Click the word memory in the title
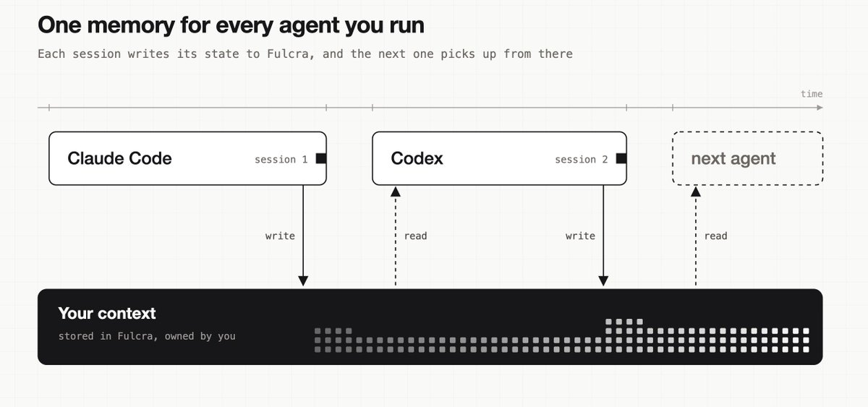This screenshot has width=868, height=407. [x=132, y=26]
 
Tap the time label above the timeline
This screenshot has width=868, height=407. [x=812, y=94]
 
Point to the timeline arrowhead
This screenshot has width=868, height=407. [x=820, y=108]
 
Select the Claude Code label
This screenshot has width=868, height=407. [x=119, y=158]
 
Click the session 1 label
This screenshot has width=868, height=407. [x=281, y=160]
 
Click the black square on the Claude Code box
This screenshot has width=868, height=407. [x=321, y=158]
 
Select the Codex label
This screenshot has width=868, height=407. [x=417, y=158]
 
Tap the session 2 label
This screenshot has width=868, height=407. [x=582, y=160]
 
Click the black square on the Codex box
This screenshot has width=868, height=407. [x=621, y=158]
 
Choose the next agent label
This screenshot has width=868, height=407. [x=733, y=159]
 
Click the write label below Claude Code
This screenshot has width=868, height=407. [x=280, y=236]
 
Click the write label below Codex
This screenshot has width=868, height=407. [x=580, y=236]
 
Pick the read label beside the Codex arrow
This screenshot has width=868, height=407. [x=415, y=236]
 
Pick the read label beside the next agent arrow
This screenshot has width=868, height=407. [x=715, y=236]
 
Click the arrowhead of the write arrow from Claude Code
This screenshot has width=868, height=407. [x=303, y=280]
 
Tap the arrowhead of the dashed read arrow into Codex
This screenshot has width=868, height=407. [x=395, y=192]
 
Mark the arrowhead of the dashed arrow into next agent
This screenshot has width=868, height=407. [x=696, y=192]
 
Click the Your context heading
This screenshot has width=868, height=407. [x=107, y=313]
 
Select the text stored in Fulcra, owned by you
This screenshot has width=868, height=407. [x=147, y=336]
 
